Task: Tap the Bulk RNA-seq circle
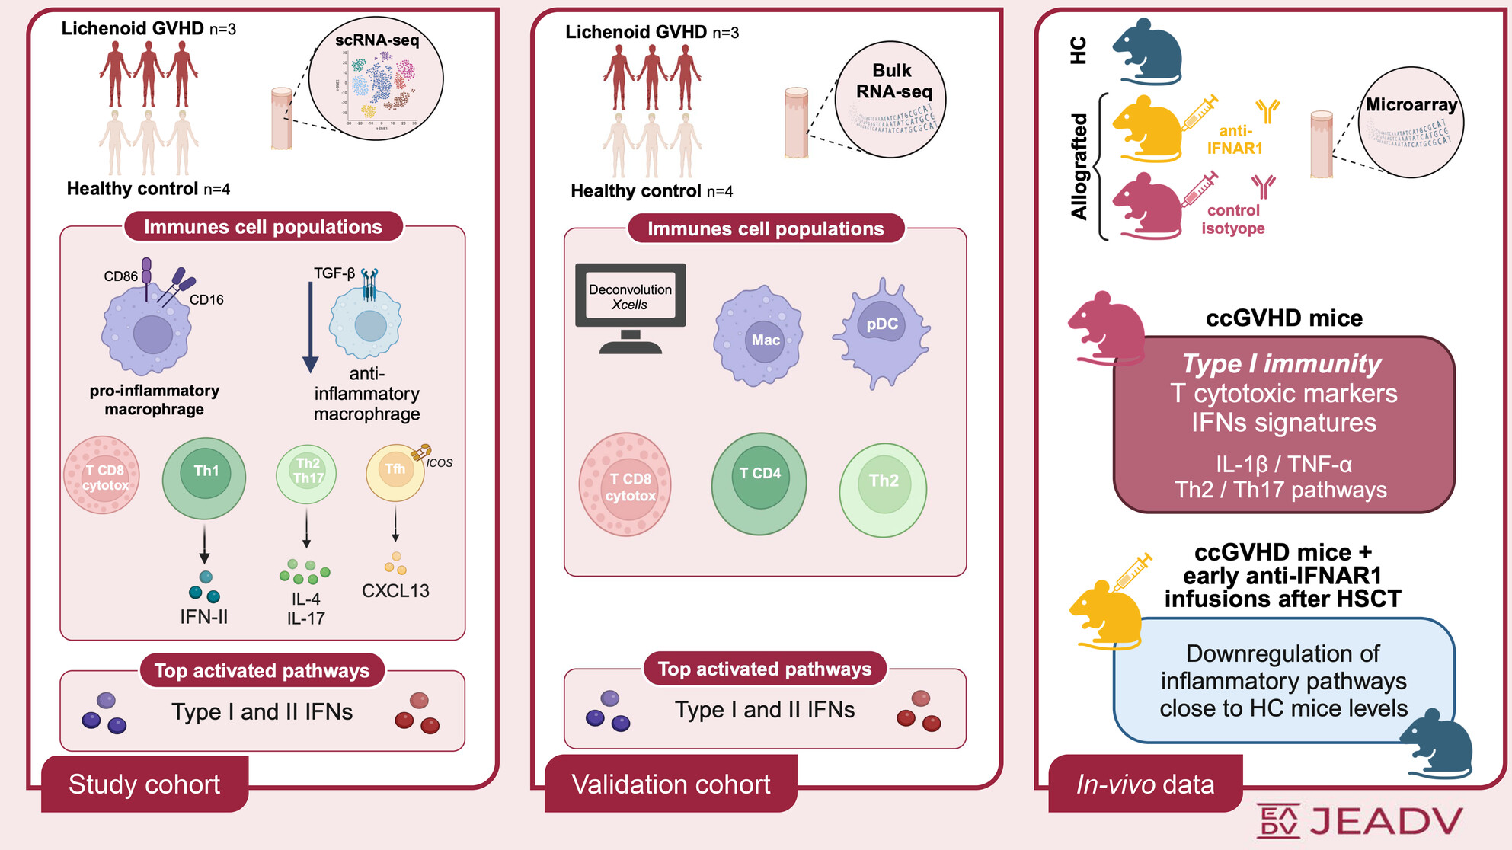click(890, 100)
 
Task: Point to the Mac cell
click(758, 336)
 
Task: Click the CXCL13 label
click(395, 591)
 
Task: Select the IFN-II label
click(203, 617)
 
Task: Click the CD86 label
click(120, 276)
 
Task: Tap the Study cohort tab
click(145, 784)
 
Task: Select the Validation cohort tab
click(671, 784)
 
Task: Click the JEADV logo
click(1360, 821)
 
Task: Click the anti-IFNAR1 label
click(1235, 140)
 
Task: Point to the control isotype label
click(1233, 219)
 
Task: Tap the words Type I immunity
click(1281, 364)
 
